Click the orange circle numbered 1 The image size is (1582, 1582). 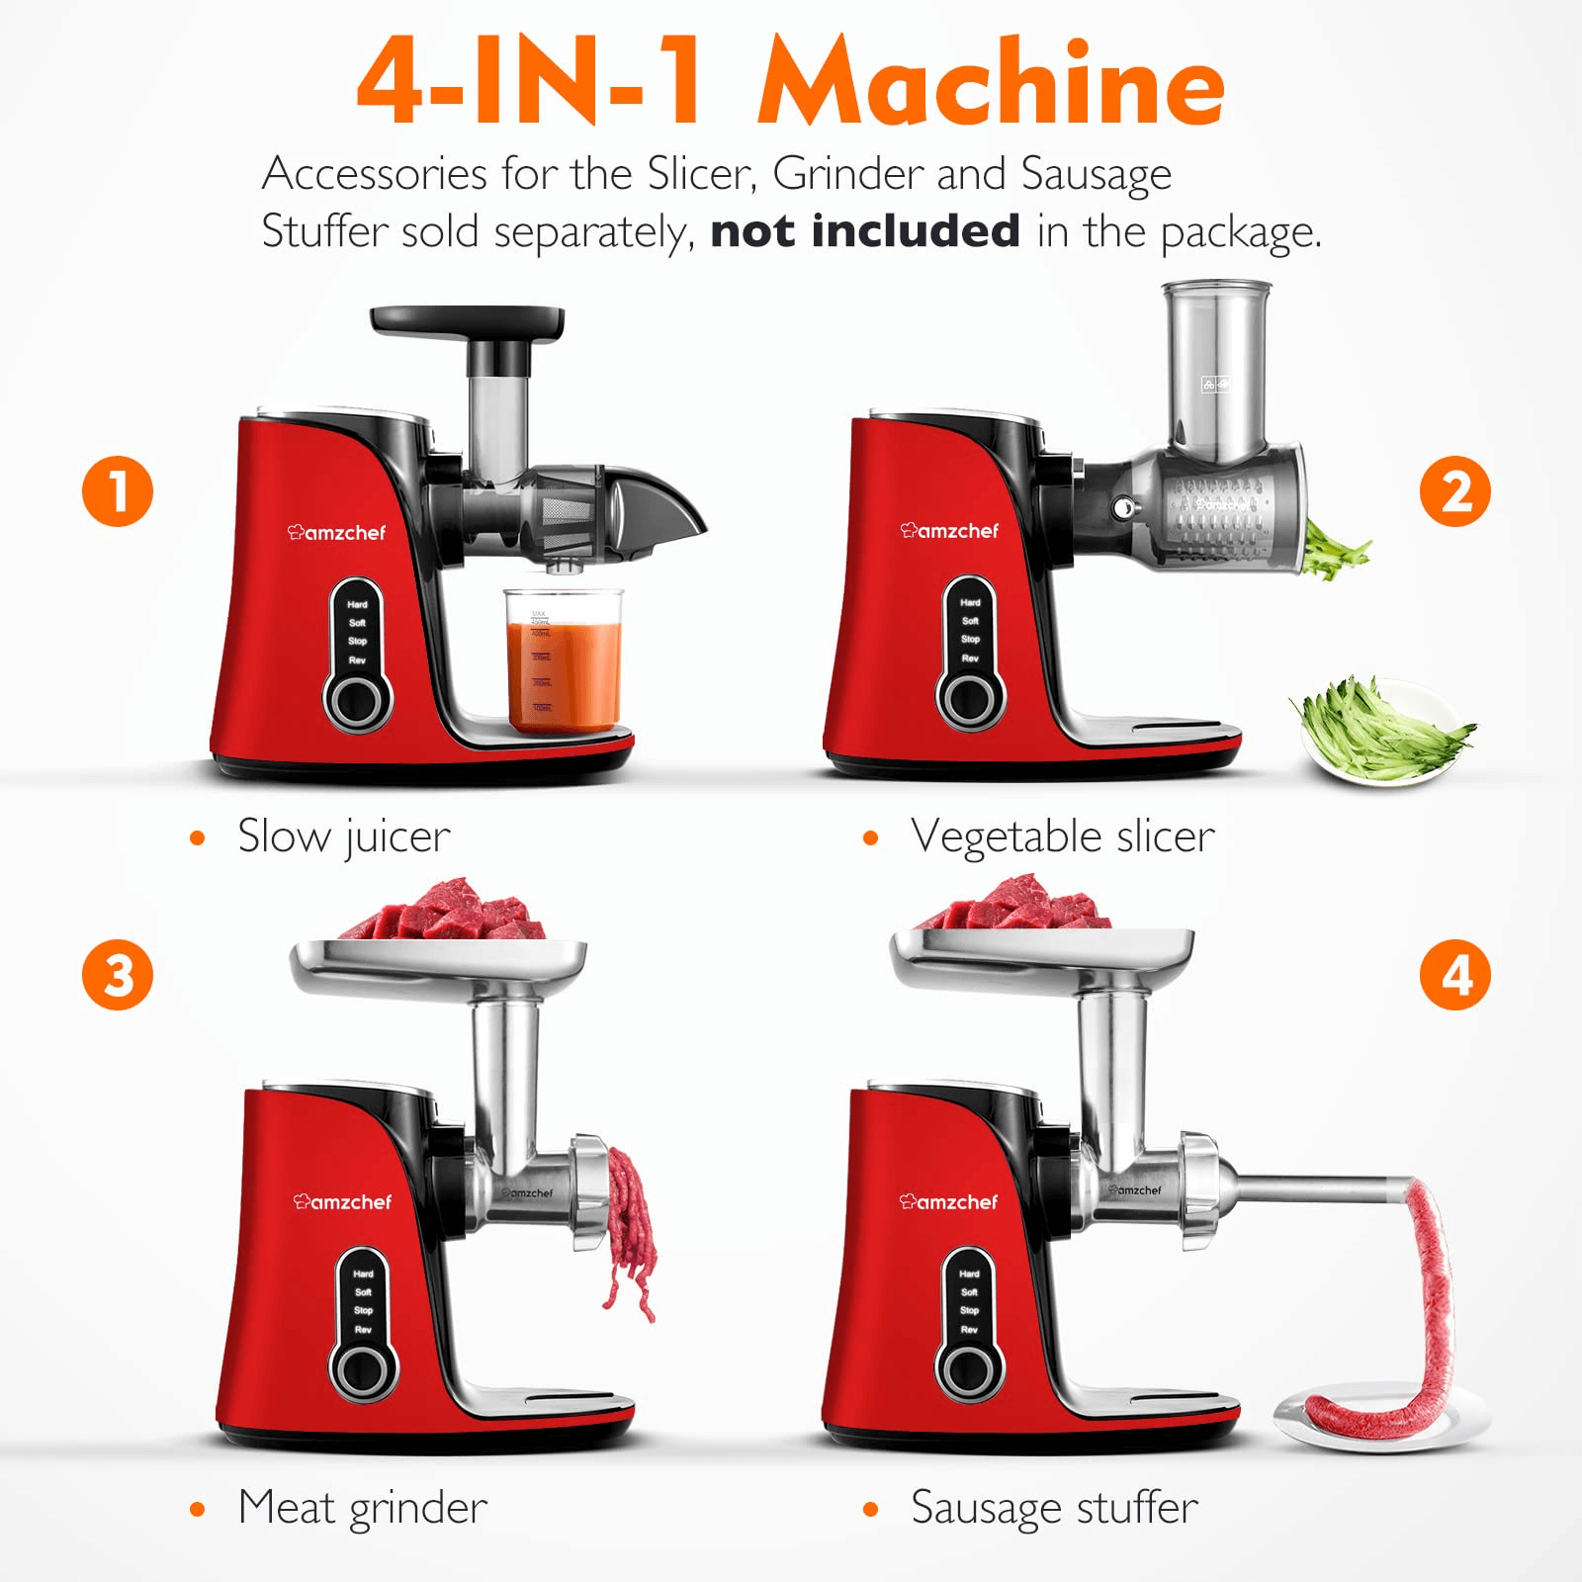coord(118,491)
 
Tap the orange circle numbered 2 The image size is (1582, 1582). coord(1454,491)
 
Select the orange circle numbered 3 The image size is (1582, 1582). coord(118,975)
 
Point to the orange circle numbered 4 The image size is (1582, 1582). coord(1454,975)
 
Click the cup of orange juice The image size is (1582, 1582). coord(564,662)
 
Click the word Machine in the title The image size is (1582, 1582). coord(992,83)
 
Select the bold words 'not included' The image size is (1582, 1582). coord(865,231)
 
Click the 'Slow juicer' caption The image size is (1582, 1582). coord(343,837)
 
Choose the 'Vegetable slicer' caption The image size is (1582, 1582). coord(1062,837)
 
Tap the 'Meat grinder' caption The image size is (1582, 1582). coord(362,1508)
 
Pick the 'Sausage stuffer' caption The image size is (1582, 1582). coord(1054,1508)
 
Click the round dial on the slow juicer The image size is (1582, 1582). coord(357,701)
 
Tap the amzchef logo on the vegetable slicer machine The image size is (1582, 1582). coord(950,531)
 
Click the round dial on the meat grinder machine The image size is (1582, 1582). coord(363,1369)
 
